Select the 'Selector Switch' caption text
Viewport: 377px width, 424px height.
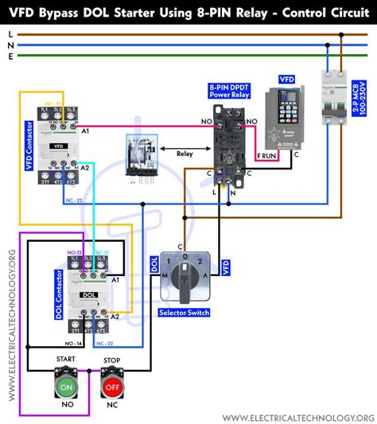pyautogui.click(x=184, y=313)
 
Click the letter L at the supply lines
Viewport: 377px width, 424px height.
pyautogui.click(x=9, y=33)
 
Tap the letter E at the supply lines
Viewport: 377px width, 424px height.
pyautogui.click(x=9, y=55)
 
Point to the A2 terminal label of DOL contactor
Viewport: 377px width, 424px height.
pyautogui.click(x=115, y=317)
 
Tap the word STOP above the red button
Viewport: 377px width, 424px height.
pyautogui.click(x=111, y=360)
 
